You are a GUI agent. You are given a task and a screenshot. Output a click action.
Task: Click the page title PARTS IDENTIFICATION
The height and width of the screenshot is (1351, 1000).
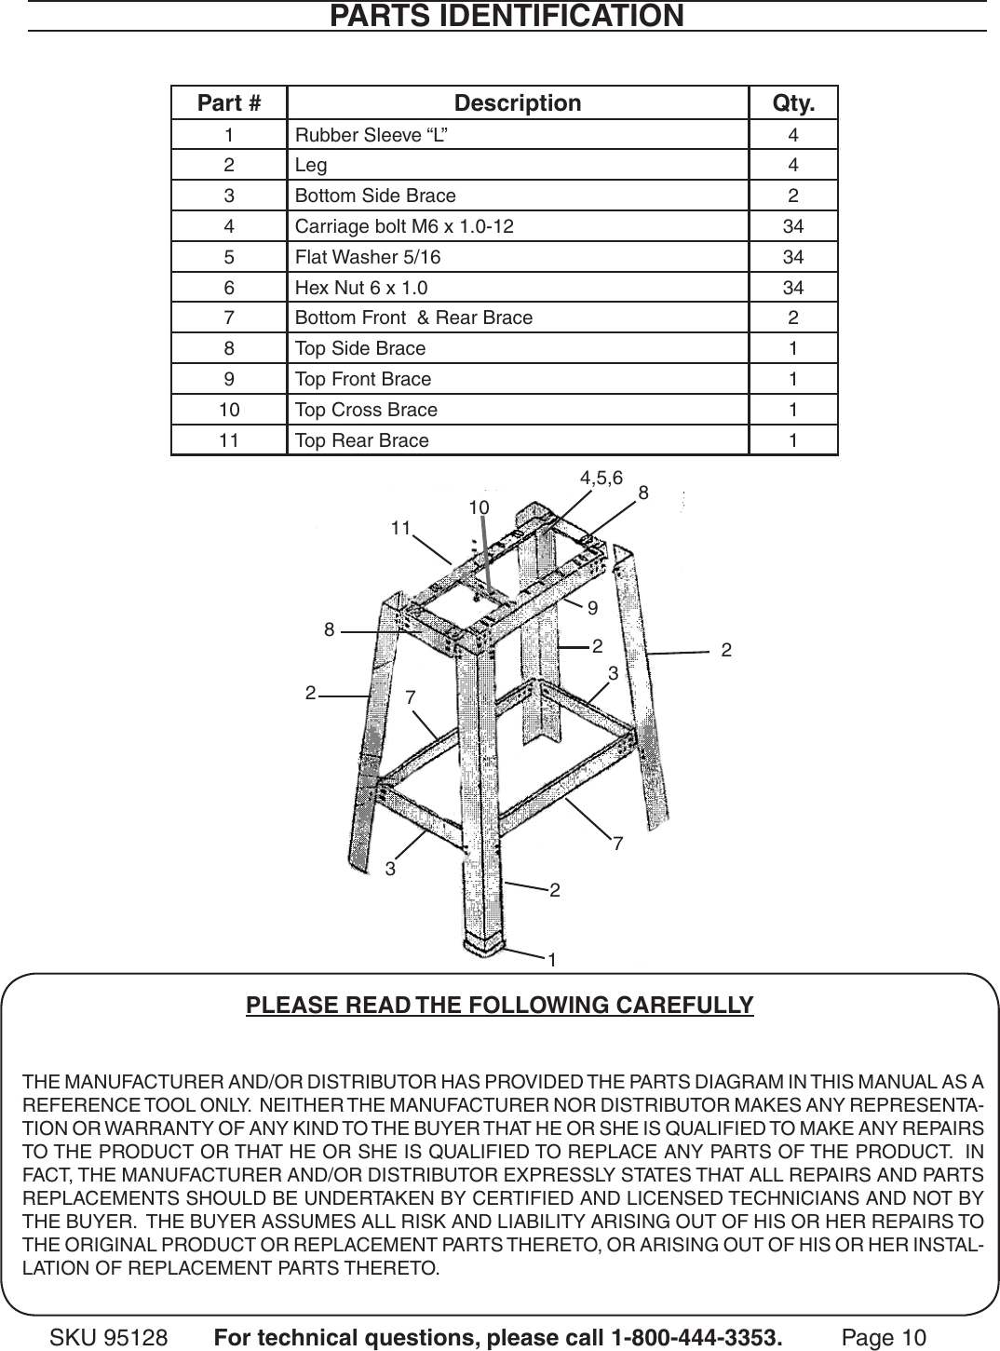click(507, 16)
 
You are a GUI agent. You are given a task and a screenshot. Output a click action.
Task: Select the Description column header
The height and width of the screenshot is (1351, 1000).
click(517, 103)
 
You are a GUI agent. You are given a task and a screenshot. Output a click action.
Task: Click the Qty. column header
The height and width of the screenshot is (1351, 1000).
click(793, 103)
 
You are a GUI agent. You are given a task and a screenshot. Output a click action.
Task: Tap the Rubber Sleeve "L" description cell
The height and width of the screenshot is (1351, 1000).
click(371, 135)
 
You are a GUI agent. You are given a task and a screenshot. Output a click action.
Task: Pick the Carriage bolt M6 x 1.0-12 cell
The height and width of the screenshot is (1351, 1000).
click(403, 226)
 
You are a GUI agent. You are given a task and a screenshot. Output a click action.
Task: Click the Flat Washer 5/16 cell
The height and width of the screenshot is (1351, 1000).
click(368, 257)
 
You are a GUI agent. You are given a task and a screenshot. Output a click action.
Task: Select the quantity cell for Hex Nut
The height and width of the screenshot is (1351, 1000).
click(793, 288)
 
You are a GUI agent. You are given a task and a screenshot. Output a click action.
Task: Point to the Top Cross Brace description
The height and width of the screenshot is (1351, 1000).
click(366, 410)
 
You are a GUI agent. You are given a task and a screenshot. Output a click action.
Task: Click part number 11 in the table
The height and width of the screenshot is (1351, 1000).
click(229, 440)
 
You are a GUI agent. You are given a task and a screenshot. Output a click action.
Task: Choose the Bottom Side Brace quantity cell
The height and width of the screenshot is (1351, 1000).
click(793, 196)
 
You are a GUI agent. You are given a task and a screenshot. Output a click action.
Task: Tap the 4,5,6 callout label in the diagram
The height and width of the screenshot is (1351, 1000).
click(601, 479)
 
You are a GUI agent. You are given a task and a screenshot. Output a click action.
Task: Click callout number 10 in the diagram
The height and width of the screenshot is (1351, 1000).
click(479, 507)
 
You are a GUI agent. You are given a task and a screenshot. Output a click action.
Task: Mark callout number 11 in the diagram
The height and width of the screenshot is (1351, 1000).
click(400, 528)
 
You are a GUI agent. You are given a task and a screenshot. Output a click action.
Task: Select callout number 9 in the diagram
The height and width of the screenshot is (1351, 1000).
click(591, 608)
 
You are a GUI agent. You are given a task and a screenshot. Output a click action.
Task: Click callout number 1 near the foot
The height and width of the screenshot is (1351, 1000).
click(552, 959)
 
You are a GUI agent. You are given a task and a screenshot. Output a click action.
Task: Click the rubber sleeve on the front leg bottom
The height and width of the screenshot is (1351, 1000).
click(484, 945)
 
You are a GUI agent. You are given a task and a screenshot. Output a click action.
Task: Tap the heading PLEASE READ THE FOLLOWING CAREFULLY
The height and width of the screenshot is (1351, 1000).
click(500, 1006)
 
